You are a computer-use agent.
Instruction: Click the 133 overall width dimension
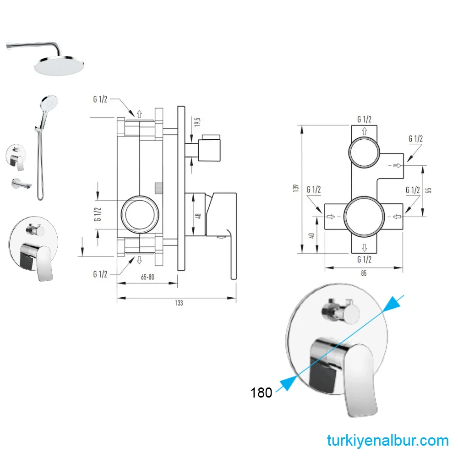(x=179, y=303)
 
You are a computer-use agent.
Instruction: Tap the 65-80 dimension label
(x=147, y=277)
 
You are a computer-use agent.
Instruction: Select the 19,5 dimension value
(x=197, y=122)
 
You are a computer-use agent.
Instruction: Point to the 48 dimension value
(x=198, y=215)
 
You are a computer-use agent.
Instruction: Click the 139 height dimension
(x=296, y=188)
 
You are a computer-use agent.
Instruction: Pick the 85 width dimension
(x=364, y=273)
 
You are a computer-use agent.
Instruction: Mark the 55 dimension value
(x=429, y=190)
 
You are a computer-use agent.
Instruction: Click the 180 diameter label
(x=261, y=393)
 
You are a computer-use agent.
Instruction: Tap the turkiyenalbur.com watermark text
(x=387, y=441)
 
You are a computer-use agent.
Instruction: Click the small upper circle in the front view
(x=365, y=152)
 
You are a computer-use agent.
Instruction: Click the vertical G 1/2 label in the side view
(x=98, y=213)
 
